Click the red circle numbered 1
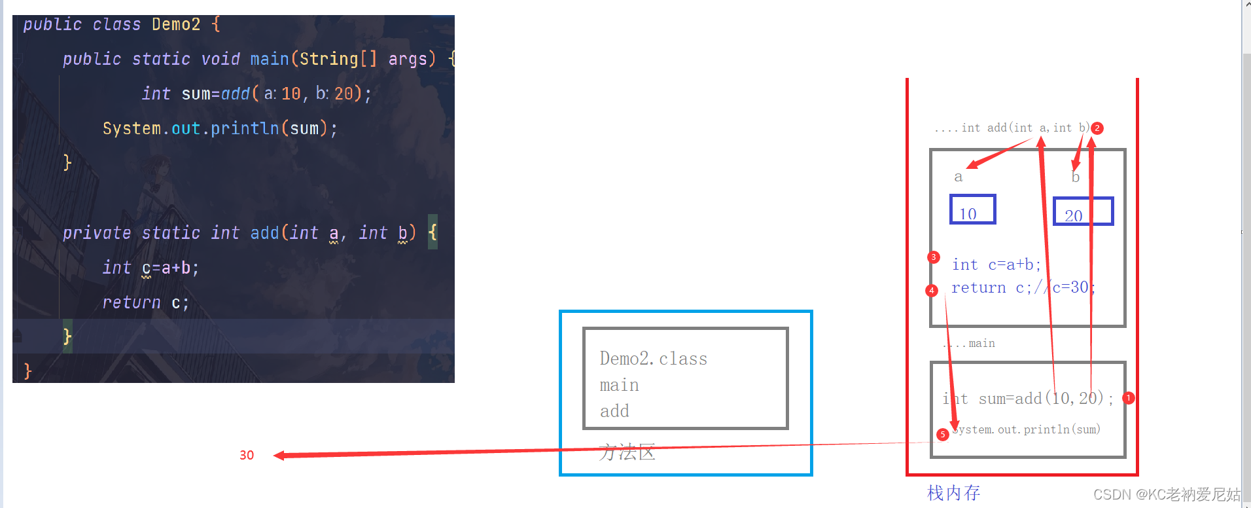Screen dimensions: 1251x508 click(1129, 397)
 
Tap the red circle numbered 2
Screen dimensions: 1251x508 click(1097, 128)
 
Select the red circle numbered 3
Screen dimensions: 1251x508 click(934, 257)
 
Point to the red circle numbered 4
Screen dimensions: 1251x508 click(932, 290)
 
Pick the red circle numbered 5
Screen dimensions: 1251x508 click(942, 434)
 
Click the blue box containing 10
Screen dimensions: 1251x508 click(972, 209)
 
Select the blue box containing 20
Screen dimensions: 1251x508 click(1083, 211)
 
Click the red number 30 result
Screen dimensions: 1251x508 click(247, 455)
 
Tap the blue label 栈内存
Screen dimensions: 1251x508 click(953, 493)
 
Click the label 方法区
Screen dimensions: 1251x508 click(627, 452)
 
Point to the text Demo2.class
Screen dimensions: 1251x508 click(653, 359)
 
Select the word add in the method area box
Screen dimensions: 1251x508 click(614, 411)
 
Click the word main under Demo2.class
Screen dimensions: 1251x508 click(619, 385)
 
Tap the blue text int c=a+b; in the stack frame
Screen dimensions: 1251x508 click(996, 264)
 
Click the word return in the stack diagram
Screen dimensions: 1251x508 click(978, 287)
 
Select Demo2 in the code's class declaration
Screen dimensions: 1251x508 click(176, 24)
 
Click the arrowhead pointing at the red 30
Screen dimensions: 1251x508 click(279, 456)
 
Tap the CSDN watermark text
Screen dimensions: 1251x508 click(1167, 494)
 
